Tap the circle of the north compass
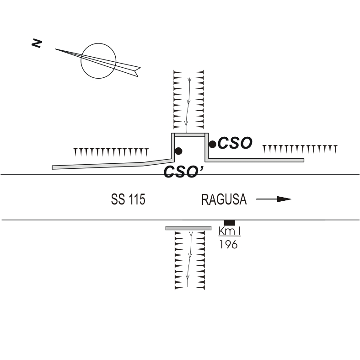98,60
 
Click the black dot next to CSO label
213,144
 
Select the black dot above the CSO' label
178,151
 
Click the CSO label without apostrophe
235,143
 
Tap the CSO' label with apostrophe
180,172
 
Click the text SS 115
128,200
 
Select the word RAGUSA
224,200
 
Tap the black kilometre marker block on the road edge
229,222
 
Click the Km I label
230,231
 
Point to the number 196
228,244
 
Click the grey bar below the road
188,228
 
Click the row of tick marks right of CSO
300,148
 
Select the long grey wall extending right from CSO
256,160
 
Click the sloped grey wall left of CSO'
110,164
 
